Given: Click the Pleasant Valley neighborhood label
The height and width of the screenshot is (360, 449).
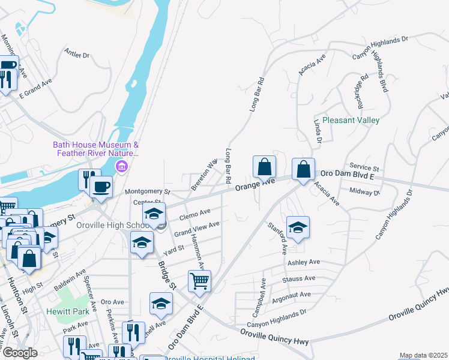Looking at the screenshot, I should point(351,120).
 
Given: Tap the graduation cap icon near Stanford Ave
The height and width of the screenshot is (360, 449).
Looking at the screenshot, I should point(298,227).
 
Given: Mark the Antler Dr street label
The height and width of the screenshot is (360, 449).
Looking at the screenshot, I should point(76,55).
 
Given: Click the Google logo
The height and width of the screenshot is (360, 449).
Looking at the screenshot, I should point(20,353).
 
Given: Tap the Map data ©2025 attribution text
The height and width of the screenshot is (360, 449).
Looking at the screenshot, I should point(423,355).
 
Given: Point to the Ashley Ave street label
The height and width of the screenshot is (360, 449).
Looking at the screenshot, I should point(304,262).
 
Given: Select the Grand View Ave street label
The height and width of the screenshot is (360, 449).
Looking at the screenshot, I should point(196,228).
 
